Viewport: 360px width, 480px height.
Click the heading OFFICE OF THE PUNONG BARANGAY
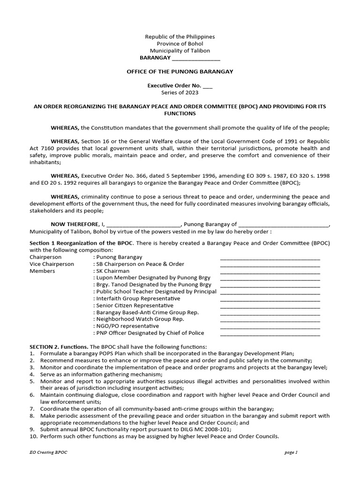(180, 72)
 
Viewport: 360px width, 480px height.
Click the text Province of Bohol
(180, 44)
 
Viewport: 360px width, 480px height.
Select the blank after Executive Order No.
(208, 86)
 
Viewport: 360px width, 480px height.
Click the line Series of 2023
(180, 93)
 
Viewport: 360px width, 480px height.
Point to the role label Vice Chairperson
(52, 264)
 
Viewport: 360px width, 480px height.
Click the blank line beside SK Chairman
(270, 271)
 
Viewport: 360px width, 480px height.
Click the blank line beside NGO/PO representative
(270, 327)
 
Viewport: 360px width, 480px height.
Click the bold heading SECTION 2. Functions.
(59, 346)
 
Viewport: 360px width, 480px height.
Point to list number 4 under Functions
(32, 374)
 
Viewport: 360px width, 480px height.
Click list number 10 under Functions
(33, 436)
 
